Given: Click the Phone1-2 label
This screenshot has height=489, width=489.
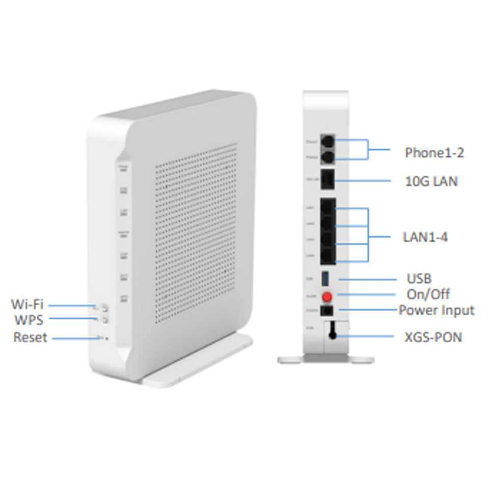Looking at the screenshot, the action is (x=434, y=152).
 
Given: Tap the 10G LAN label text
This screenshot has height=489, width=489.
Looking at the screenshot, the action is (x=430, y=181).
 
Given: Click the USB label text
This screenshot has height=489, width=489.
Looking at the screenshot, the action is (x=419, y=279).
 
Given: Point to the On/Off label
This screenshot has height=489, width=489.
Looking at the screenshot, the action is (x=428, y=294).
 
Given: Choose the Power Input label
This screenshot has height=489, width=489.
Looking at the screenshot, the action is (x=436, y=310).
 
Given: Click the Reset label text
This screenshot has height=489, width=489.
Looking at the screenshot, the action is (x=30, y=337).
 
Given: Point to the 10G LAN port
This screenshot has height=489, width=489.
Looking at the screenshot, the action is (x=328, y=180).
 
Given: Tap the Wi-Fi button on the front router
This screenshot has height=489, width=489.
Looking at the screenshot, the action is (x=105, y=307).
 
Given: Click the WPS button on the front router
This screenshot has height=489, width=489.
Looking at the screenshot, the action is (x=105, y=320).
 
